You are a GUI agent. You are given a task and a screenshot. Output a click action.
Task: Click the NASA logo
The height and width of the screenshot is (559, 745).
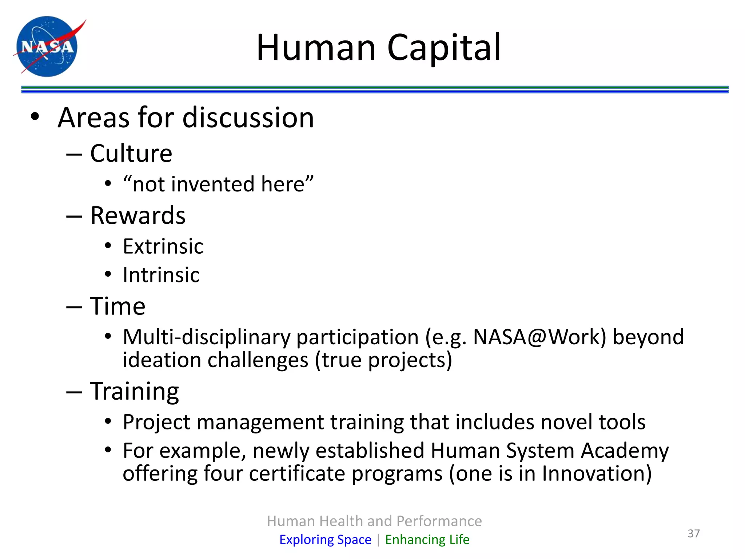pyautogui.click(x=47, y=46)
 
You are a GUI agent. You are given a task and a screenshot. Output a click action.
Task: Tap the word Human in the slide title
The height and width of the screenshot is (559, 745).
pyautogui.click(x=316, y=48)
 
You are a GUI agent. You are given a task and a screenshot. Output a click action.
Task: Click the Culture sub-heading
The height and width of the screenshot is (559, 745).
pyautogui.click(x=131, y=153)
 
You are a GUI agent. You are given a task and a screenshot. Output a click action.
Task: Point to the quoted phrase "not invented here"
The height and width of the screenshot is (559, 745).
pyautogui.click(x=218, y=184)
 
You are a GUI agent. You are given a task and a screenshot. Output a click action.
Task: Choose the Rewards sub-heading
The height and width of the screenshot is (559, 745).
pyautogui.click(x=138, y=215)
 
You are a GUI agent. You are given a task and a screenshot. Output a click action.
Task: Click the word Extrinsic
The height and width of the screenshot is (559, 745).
pyautogui.click(x=163, y=246)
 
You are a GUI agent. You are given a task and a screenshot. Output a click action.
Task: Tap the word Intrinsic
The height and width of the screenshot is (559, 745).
pyautogui.click(x=161, y=275)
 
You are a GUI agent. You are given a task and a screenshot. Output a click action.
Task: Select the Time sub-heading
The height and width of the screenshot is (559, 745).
pyautogui.click(x=117, y=306)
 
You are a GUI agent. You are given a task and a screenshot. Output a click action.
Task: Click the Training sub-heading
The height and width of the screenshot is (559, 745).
pyautogui.click(x=134, y=391)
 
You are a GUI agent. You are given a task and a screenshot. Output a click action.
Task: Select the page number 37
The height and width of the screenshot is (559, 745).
pyautogui.click(x=693, y=534)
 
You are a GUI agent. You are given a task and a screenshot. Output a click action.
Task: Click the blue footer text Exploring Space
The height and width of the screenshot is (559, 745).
pyautogui.click(x=325, y=539)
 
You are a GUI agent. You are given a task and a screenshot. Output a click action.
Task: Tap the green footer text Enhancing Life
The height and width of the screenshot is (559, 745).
pyautogui.click(x=427, y=539)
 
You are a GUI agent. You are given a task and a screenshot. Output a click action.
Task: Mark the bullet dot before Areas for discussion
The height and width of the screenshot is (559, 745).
pyautogui.click(x=35, y=117)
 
